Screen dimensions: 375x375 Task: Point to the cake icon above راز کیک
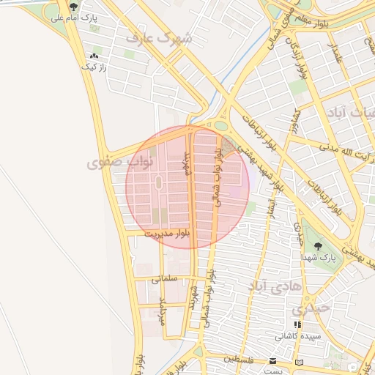tap(93, 56)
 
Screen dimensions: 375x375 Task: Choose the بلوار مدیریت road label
tap(166, 233)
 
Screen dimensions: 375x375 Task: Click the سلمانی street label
tap(166, 279)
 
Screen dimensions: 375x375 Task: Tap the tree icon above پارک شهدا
tap(318, 245)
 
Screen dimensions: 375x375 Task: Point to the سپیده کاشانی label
tap(297, 337)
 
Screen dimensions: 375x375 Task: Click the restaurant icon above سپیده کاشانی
tap(297, 325)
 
